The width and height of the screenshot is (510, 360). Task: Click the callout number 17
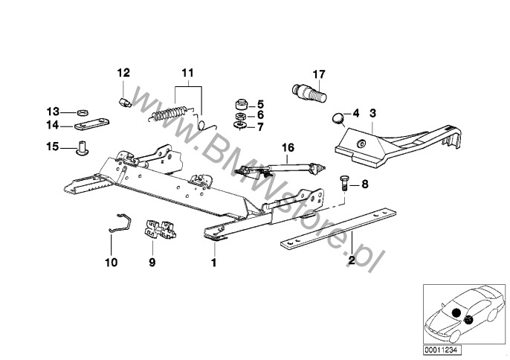tap(318, 74)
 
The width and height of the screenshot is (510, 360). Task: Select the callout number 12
tap(123, 73)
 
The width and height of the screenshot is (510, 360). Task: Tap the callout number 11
tap(187, 73)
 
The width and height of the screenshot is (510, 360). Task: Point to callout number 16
tap(288, 148)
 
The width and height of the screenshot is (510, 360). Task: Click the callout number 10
tap(111, 263)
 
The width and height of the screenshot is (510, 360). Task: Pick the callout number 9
tap(152, 263)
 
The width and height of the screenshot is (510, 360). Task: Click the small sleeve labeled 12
tap(124, 97)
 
